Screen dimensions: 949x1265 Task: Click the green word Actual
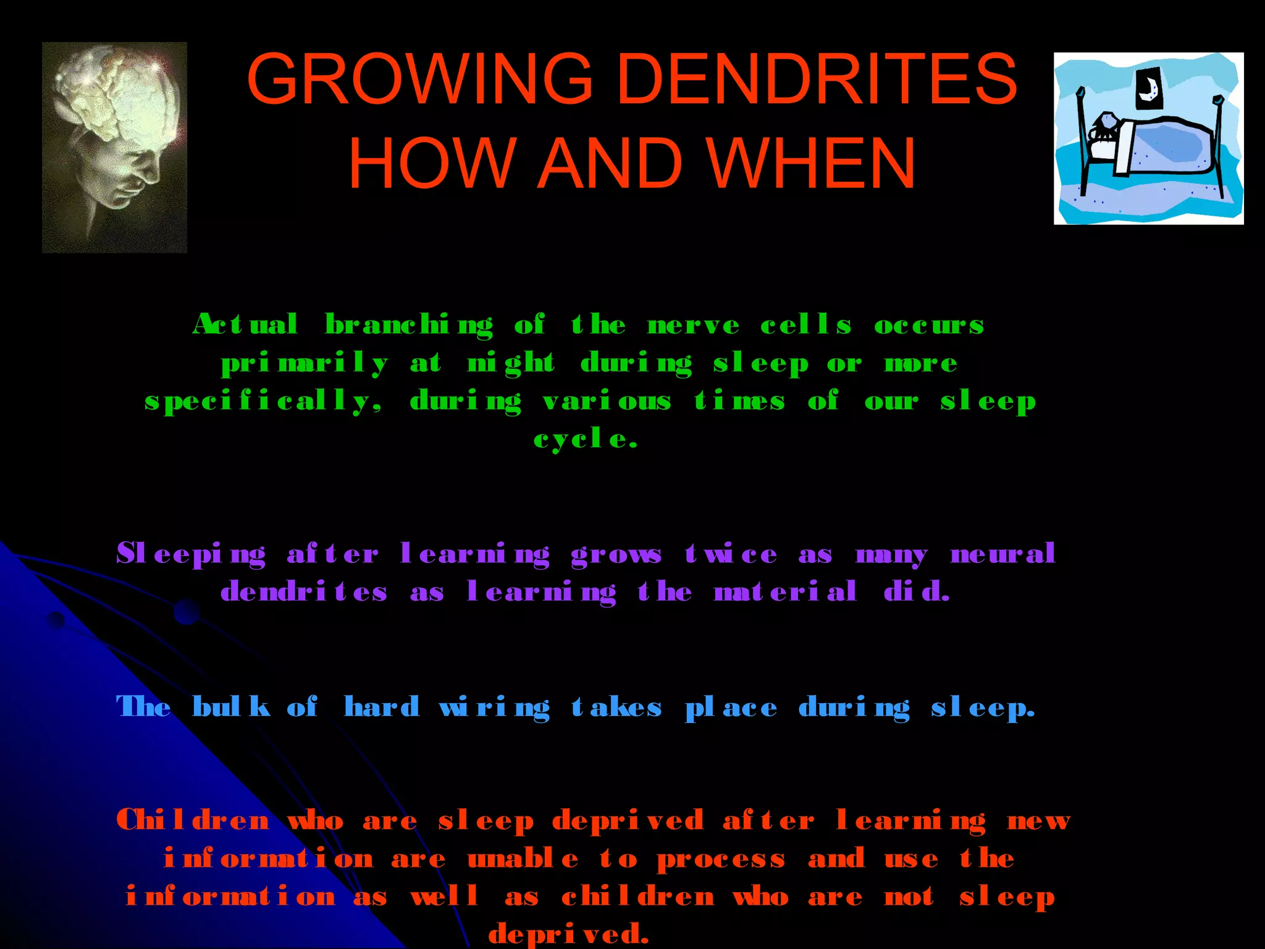(245, 324)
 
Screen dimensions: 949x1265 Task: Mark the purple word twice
(731, 554)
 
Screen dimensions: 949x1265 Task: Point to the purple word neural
(1002, 554)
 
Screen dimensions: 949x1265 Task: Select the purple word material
(785, 592)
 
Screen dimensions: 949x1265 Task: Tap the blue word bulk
(231, 707)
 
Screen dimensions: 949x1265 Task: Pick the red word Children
(193, 820)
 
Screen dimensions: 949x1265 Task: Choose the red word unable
(523, 859)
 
